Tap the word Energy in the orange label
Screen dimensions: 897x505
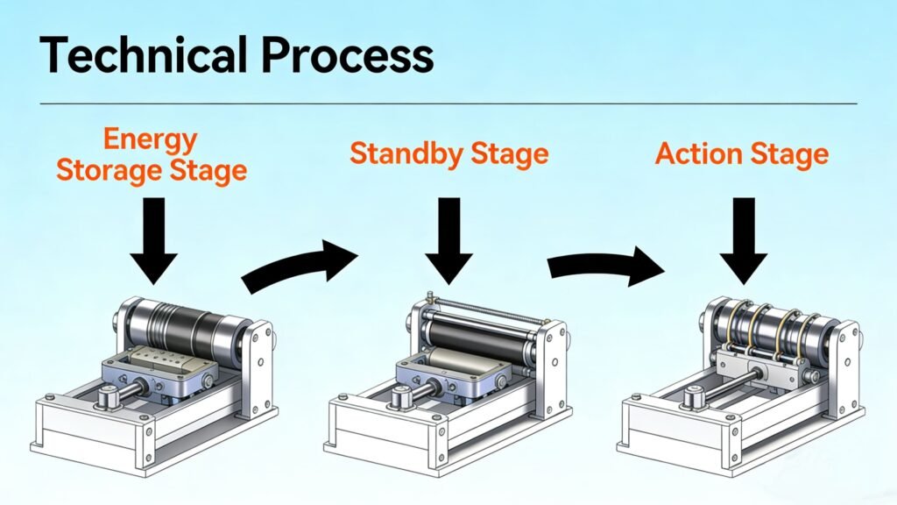click(x=151, y=140)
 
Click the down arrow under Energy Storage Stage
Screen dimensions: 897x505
click(x=153, y=241)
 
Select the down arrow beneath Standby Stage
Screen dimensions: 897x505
click(x=449, y=241)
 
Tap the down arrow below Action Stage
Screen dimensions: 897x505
click(x=743, y=241)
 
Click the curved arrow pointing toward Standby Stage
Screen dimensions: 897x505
click(x=298, y=267)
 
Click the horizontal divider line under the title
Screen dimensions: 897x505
click(x=448, y=104)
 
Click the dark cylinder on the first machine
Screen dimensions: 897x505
click(x=184, y=331)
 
